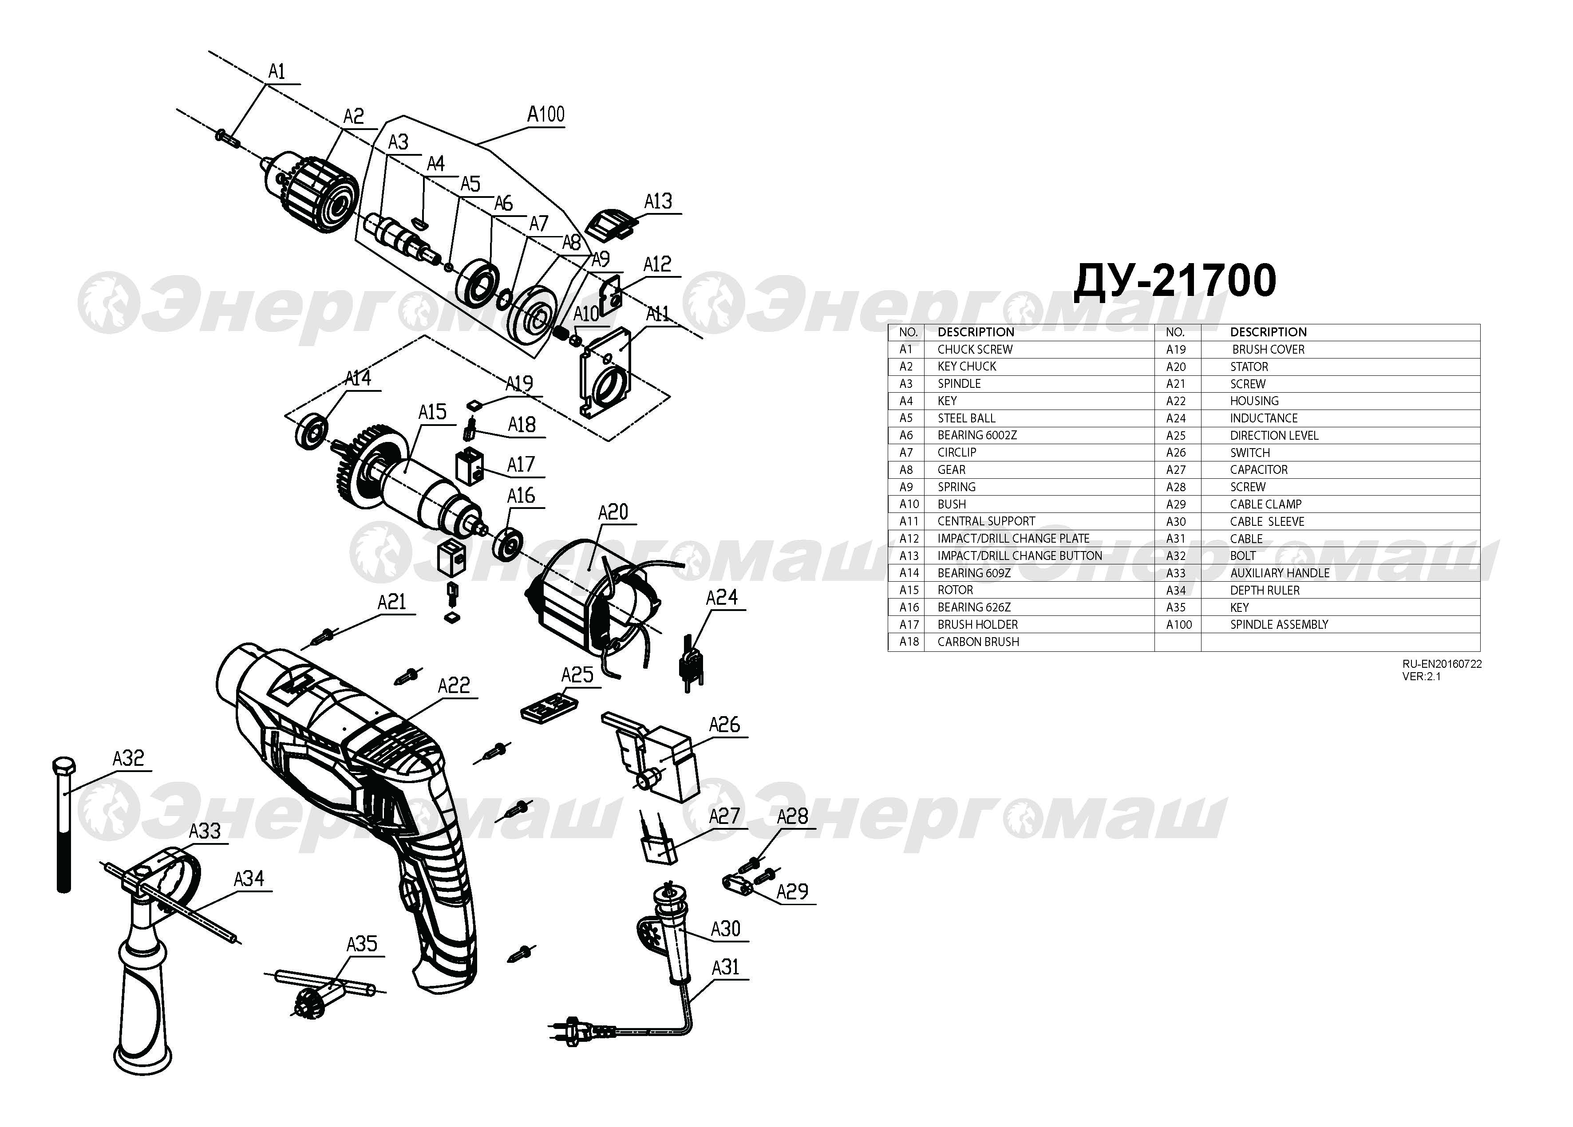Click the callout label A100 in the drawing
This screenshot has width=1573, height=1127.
pos(546,114)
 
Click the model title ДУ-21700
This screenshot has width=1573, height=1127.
pos(1174,281)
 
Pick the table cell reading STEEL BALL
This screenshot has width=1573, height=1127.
pos(966,418)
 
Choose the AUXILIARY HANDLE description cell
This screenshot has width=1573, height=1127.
pos(1280,573)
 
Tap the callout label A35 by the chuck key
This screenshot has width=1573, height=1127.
pos(361,943)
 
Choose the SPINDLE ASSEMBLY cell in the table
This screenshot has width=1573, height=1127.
pos(1279,624)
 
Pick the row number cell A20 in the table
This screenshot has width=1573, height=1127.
pos(1176,367)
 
